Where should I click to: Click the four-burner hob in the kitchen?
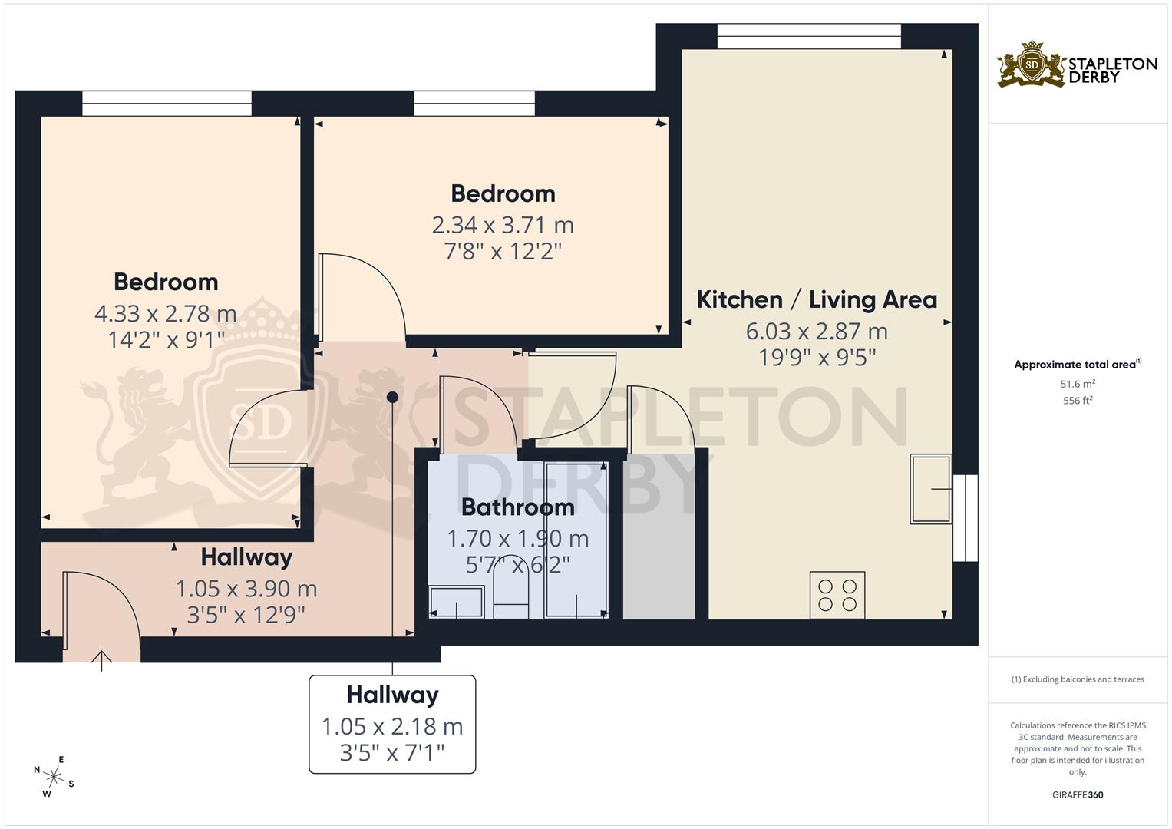(x=837, y=595)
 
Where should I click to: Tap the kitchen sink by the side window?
(x=930, y=489)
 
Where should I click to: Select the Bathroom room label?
(x=517, y=507)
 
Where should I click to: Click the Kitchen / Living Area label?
(x=817, y=299)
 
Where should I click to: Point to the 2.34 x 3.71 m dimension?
(x=503, y=225)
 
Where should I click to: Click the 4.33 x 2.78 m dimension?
(x=166, y=313)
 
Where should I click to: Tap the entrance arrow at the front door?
(x=102, y=659)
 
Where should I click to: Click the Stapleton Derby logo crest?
(x=1032, y=64)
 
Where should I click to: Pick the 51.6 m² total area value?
(x=1078, y=384)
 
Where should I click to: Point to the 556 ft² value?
(x=1078, y=401)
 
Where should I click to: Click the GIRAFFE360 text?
(x=1078, y=795)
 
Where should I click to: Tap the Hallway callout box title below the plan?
(x=392, y=695)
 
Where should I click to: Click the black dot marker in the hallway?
(x=392, y=397)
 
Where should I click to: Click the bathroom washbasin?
(x=457, y=602)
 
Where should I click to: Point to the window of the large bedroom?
(x=167, y=104)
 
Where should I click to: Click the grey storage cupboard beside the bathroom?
(x=659, y=537)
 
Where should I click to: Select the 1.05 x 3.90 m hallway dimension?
(x=246, y=589)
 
